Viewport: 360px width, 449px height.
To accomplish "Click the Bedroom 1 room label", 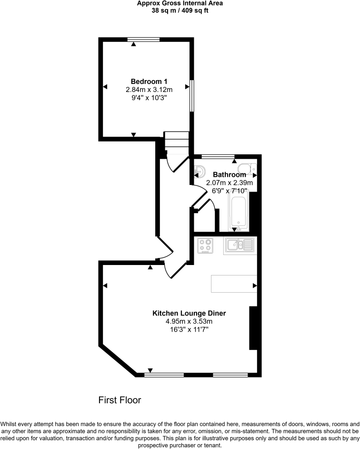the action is [149, 82].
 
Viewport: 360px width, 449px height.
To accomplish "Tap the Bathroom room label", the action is [230, 174].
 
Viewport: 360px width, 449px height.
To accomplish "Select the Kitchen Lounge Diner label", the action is [189, 313].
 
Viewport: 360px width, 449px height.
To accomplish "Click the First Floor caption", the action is [120, 400].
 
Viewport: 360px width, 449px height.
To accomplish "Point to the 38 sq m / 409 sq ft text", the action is [180, 10].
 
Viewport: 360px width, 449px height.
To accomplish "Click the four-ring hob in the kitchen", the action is [205, 245].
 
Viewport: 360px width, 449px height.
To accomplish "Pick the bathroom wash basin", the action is [200, 171].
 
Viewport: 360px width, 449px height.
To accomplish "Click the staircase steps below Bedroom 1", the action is [176, 143].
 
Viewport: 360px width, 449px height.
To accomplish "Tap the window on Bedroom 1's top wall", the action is [143, 40].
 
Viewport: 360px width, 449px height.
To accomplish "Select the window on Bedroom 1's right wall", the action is [192, 96].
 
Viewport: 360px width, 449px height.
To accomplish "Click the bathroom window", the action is [218, 157].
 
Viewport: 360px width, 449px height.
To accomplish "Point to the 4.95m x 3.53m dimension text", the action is [189, 321].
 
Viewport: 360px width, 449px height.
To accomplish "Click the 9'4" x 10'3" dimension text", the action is [149, 98].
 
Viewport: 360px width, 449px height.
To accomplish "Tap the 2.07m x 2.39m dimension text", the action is [230, 183].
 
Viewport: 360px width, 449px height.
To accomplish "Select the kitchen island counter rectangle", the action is [234, 284].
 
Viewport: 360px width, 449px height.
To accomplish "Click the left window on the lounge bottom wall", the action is [164, 375].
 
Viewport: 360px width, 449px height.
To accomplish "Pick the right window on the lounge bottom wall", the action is [230, 375].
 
